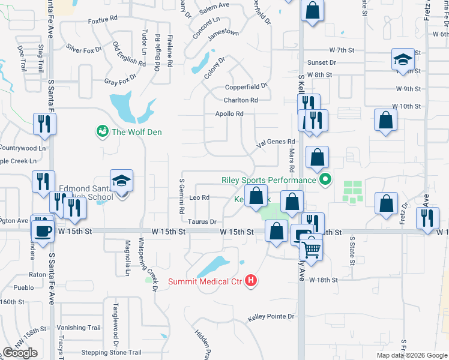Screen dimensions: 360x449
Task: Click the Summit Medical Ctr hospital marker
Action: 252,281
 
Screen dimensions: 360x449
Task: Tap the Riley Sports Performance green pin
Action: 325,179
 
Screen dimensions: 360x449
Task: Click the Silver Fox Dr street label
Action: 84,49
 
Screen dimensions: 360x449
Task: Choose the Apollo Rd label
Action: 229,113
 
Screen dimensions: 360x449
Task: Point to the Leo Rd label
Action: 199,197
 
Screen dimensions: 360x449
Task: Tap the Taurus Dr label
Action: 202,221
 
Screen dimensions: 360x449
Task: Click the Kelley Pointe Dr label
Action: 272,316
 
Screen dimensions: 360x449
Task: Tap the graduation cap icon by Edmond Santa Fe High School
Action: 121,182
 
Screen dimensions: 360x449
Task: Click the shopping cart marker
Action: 311,247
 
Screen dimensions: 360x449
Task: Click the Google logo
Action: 20,353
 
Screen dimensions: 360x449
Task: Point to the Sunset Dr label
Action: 322,62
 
